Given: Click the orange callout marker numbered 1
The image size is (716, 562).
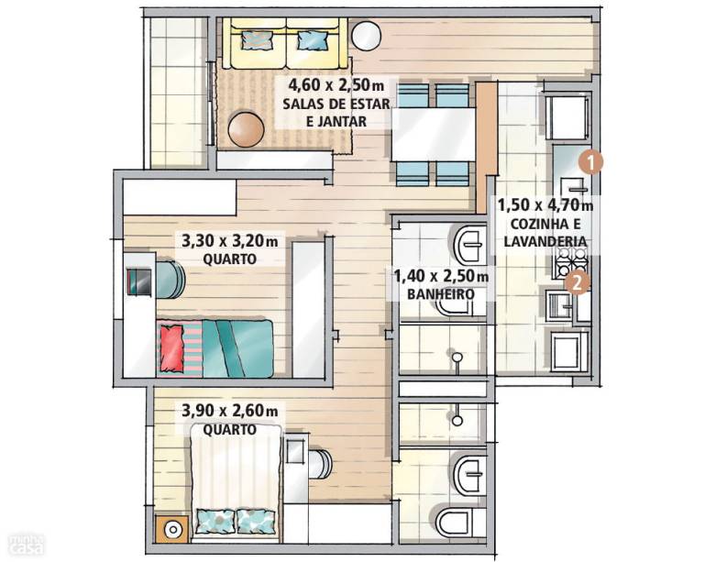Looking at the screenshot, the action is (590, 162).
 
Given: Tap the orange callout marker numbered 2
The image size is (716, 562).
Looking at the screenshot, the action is (577, 283).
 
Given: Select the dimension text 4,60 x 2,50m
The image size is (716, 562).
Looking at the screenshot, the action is (336, 84).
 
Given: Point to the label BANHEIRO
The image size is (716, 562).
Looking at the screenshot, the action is (441, 294).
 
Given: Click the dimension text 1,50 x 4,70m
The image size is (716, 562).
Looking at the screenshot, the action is (545, 204).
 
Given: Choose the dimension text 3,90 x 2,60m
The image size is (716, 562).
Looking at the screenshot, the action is (230, 411).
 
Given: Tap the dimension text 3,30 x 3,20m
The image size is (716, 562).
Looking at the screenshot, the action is (230, 240).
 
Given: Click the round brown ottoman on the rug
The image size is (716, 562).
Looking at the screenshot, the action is (246, 129).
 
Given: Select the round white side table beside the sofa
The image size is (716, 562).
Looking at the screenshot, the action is (366, 36).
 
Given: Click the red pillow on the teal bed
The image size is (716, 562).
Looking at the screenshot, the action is (172, 347).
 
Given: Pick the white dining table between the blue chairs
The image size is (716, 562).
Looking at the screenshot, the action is (433, 134).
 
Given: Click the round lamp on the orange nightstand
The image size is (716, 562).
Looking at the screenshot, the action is (172, 530).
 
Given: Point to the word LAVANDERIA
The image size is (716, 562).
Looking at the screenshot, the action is (545, 241).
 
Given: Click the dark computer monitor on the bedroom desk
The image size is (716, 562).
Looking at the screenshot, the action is (138, 282).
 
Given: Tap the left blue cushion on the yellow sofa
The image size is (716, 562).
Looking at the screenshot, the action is (257, 39).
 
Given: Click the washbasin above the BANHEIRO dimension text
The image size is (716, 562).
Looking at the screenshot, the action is (469, 244).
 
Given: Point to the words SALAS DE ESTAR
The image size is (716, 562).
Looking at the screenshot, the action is (336, 104).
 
